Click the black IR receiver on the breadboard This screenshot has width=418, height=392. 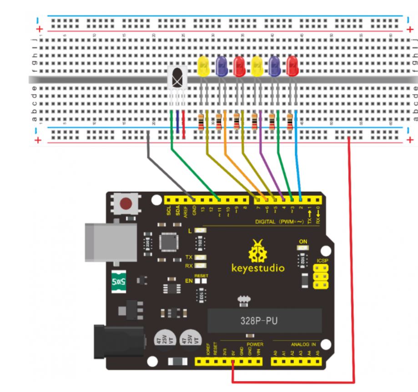pos(177,77)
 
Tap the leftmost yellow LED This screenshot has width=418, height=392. pos(203,67)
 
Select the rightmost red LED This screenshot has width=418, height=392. pos(292,67)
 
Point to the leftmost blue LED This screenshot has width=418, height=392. pos(222,67)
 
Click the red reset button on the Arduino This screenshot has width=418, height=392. pos(127,204)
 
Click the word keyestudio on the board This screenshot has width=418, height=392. pos(258,268)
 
